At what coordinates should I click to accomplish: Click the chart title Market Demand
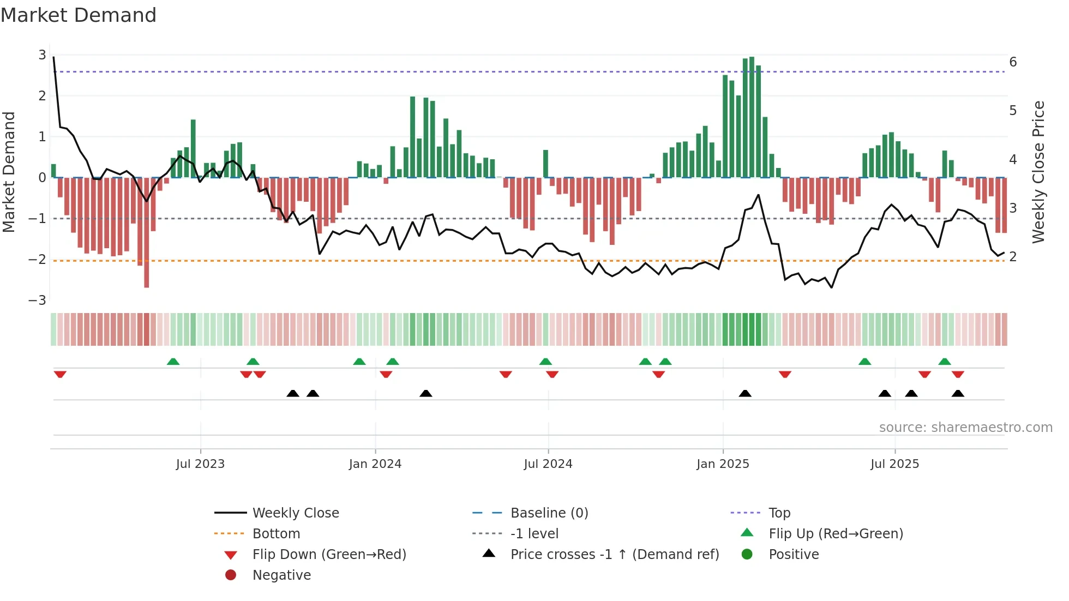coord(79,15)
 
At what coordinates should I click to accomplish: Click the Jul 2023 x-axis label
coord(200,464)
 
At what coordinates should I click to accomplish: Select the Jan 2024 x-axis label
coord(375,464)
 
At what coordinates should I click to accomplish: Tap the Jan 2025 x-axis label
coord(723,464)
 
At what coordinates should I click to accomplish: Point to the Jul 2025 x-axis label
coord(894,464)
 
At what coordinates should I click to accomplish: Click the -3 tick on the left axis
coord(38,300)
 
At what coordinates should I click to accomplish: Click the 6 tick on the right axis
coord(1013,62)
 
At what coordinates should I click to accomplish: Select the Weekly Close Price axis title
coord(1038,172)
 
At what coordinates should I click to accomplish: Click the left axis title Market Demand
coord(9,172)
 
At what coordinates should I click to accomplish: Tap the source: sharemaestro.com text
coord(965,428)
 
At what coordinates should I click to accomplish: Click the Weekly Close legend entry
coord(295,513)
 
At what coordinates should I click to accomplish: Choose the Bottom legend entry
coord(276,534)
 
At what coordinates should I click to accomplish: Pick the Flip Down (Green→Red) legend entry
coord(329,555)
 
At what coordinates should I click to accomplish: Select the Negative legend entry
coord(281,575)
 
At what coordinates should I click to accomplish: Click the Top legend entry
coord(779,513)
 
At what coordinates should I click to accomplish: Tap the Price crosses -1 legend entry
coord(614,555)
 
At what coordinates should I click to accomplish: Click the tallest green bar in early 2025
coord(752,117)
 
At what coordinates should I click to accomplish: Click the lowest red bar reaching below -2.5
coord(146,235)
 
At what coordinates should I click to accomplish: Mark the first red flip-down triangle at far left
coord(60,374)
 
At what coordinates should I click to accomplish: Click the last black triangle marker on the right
coord(958,393)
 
